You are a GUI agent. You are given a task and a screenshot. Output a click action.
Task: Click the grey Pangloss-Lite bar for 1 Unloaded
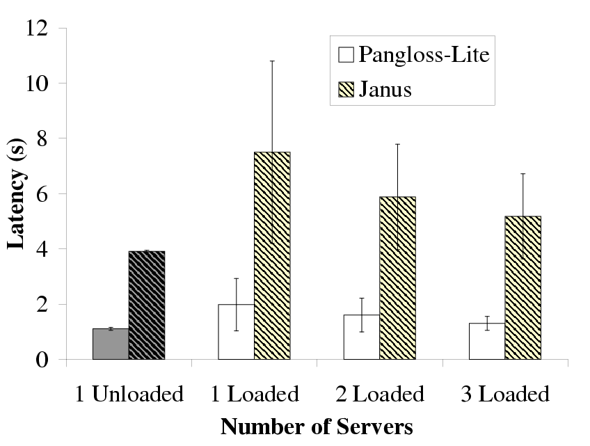coord(111,344)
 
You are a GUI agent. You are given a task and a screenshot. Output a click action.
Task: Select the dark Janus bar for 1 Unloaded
coord(147,305)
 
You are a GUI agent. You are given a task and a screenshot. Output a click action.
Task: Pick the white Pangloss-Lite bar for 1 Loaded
coord(237,332)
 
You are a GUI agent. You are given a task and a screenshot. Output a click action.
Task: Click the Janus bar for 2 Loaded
coord(398,278)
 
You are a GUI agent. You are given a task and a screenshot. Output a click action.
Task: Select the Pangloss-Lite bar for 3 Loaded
coord(487,342)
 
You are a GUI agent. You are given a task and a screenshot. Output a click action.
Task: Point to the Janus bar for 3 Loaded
coord(523,288)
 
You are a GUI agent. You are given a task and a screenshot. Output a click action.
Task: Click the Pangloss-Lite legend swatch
coord(346,55)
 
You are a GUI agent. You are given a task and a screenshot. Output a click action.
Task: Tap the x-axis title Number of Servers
coord(317,426)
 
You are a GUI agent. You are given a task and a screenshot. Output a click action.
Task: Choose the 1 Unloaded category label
coord(129,395)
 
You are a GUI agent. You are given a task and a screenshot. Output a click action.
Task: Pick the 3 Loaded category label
coord(506,395)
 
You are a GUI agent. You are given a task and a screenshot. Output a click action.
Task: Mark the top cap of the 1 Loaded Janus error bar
coord(272,61)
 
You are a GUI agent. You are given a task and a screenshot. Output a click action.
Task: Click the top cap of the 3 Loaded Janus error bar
coord(523,174)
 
